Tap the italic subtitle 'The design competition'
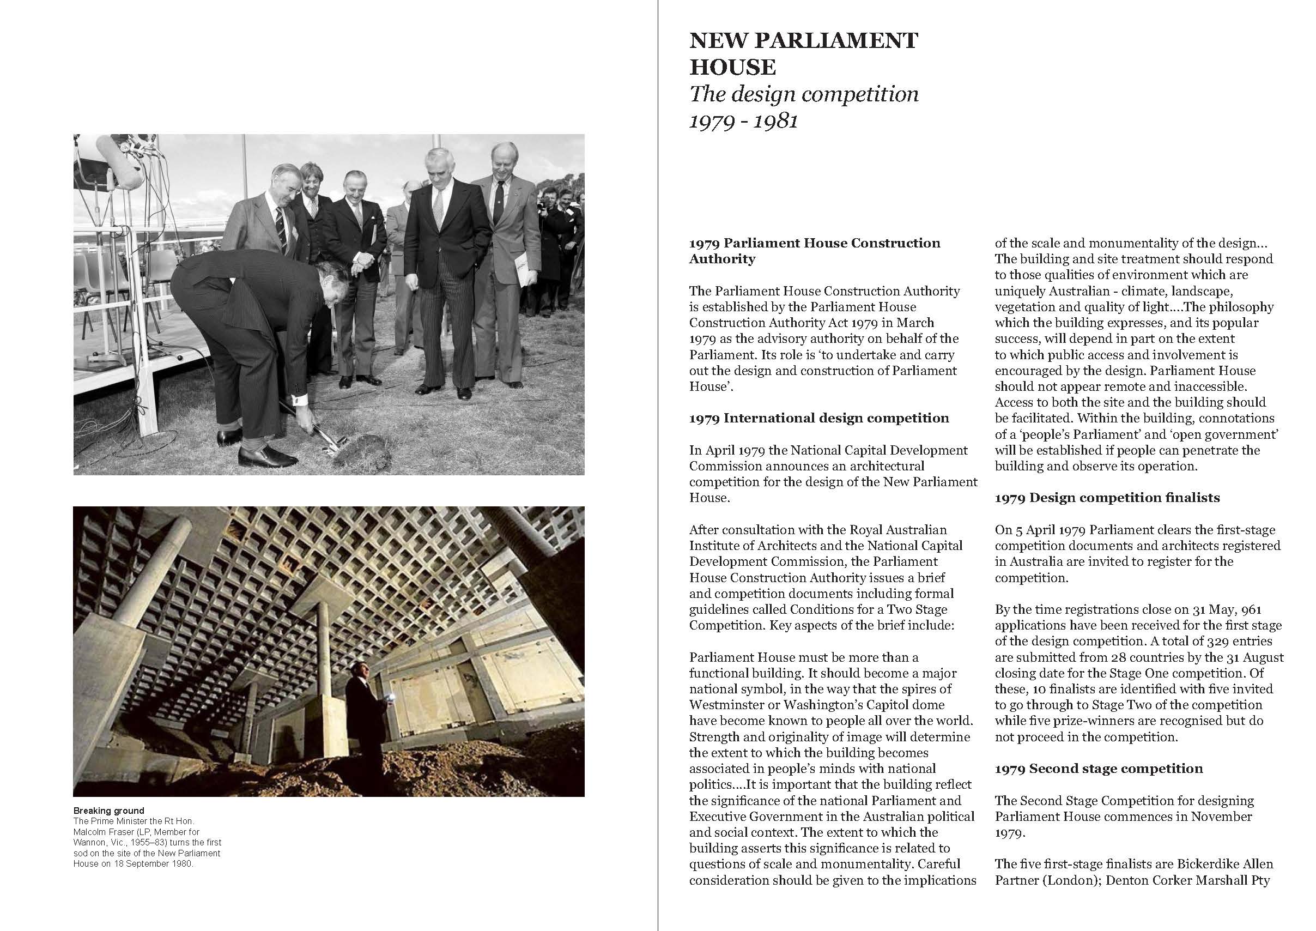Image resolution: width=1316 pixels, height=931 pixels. pos(804,94)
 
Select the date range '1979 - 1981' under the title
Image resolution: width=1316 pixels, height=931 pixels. pos(743,121)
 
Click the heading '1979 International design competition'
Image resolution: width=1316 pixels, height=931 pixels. pos(819,418)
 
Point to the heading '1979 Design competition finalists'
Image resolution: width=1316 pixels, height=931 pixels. pos(1107,498)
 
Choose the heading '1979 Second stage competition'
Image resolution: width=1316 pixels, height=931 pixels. pos(1098,768)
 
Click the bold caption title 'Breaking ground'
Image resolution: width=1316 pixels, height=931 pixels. pos(108,811)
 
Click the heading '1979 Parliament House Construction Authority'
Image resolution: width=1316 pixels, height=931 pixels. pos(814,251)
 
